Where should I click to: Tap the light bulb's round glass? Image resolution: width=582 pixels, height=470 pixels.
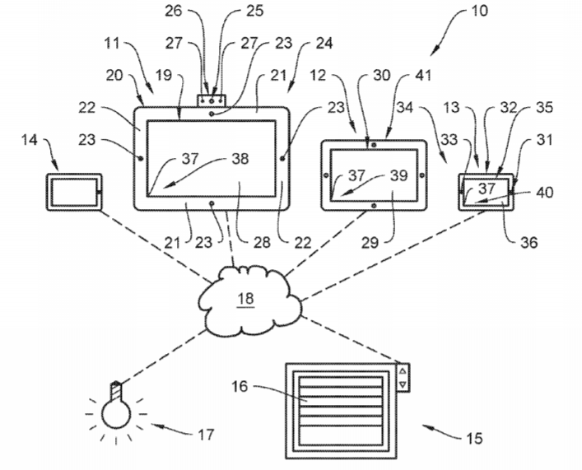point(116,414)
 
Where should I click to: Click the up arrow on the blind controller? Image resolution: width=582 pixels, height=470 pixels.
point(403,371)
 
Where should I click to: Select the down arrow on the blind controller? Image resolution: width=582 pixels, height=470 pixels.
point(403,384)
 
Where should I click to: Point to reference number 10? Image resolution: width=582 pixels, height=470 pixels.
point(479,11)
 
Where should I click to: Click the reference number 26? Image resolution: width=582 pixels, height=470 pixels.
point(174,11)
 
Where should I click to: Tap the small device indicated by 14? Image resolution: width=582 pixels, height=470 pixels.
point(74,192)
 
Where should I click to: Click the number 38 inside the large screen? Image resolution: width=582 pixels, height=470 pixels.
point(240,159)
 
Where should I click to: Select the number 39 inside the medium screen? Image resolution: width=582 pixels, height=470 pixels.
point(399,175)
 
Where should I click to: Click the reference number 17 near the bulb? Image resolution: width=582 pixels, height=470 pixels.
point(206,435)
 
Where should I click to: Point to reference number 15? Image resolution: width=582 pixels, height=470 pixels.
point(474,439)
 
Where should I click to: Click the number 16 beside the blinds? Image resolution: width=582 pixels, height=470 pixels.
point(240,387)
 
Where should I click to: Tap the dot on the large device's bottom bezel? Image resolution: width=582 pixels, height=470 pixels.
point(212,203)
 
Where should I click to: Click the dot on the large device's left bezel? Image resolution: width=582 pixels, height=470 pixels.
point(141,159)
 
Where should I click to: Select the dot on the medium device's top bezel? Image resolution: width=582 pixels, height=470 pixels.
point(374,145)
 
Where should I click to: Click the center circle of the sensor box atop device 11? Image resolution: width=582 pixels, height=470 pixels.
point(212,100)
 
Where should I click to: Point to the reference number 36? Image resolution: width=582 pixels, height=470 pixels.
point(529,243)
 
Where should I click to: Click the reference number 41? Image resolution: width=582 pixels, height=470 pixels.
point(423,76)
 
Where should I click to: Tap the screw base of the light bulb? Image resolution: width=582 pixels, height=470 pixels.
point(116,391)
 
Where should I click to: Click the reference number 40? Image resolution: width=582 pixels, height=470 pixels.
point(544,193)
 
